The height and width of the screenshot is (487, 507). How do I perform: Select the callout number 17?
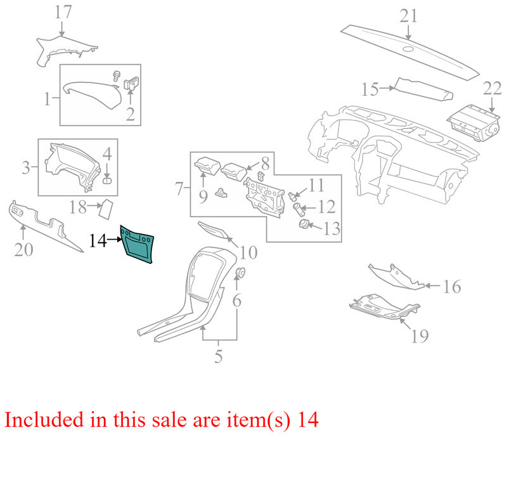coord(63,12)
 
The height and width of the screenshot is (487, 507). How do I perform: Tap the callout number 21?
coord(408,16)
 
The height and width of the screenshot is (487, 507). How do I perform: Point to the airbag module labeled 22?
coord(474,123)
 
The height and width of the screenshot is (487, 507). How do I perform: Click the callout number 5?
coord(219,356)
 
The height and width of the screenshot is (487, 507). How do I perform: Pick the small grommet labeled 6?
coord(240,273)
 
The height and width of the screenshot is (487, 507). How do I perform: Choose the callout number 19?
coord(420,335)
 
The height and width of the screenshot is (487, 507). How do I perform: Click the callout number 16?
coord(452,287)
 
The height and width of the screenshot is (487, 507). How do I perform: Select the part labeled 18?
coord(106,209)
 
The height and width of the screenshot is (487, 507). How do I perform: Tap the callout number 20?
coord(23,249)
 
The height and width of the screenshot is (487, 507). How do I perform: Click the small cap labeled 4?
coord(107,180)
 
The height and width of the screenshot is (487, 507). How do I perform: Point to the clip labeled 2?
coord(131,83)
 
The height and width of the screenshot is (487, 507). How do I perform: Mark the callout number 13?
coord(331,229)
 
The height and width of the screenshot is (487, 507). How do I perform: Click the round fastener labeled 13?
coord(304,224)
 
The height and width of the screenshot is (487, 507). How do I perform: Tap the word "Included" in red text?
coord(44,420)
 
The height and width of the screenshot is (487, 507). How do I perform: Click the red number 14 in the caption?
coord(308,420)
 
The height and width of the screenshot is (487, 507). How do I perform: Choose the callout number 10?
coord(248,252)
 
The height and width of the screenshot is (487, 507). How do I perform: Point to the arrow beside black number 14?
coord(115,240)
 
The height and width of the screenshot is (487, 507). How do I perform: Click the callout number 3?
coord(26,167)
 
